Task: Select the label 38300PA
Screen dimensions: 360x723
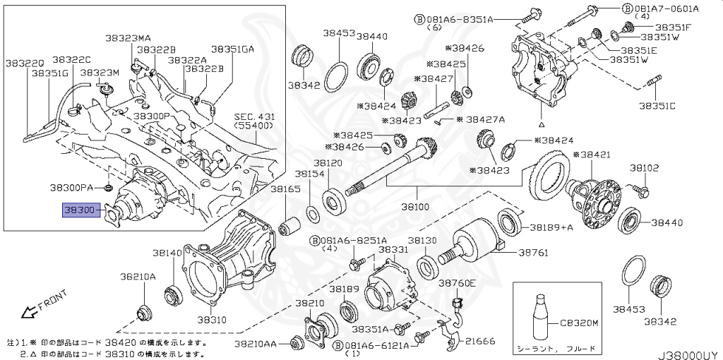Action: point(71,188)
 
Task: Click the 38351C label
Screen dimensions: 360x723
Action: point(657,106)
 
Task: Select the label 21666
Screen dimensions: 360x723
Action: point(480,342)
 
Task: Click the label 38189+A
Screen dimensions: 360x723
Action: point(551,227)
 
